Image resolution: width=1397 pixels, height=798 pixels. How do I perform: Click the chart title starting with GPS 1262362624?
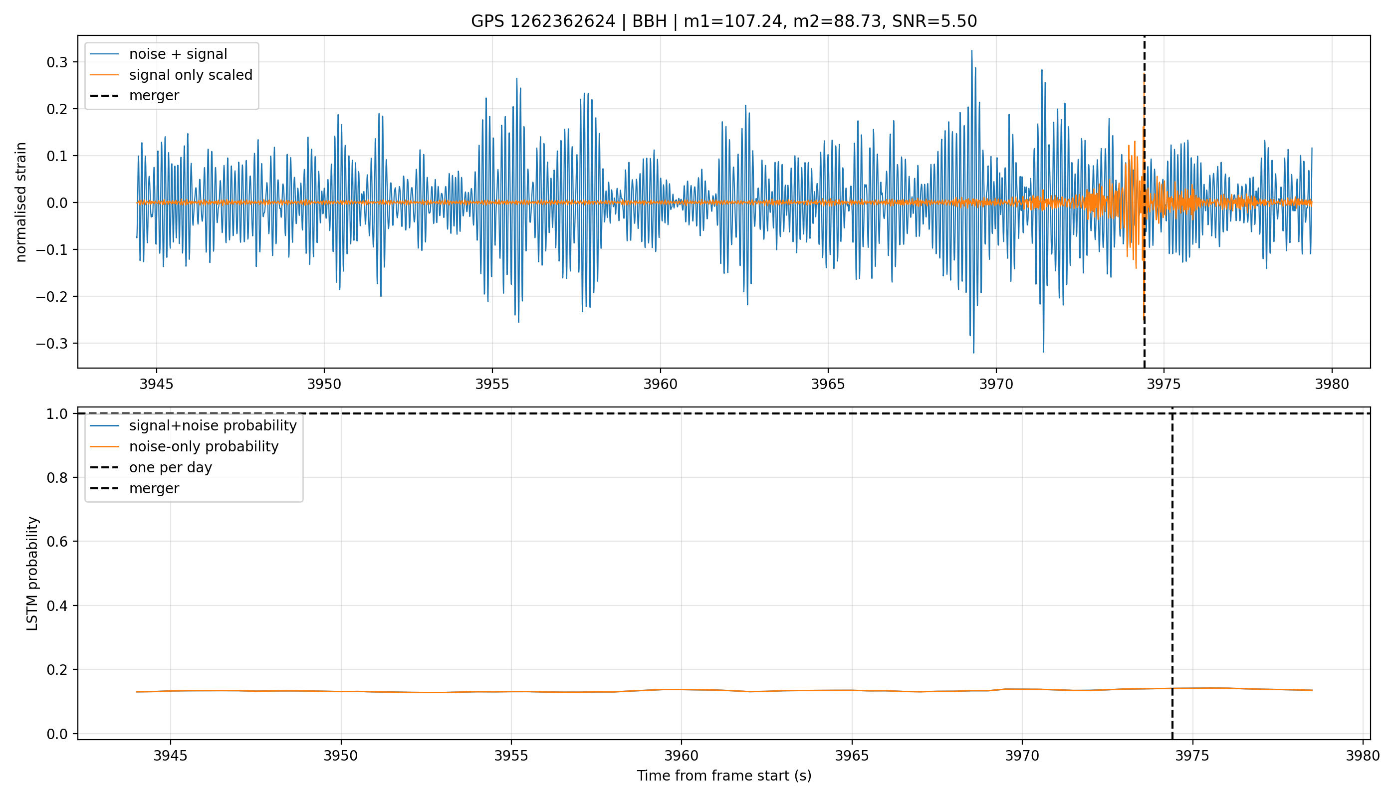click(724, 21)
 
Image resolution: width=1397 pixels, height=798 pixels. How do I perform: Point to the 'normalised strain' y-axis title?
click(21, 202)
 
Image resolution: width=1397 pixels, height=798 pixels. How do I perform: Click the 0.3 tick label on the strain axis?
click(57, 62)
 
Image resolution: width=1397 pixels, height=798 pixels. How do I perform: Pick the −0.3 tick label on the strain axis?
click(52, 344)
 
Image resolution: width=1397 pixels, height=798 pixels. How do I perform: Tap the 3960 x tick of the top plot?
click(660, 384)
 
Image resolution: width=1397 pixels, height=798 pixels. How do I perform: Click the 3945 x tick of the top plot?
click(156, 384)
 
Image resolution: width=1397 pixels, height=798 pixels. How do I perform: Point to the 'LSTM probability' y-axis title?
click(32, 573)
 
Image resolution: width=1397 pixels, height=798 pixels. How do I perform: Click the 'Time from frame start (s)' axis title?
click(724, 776)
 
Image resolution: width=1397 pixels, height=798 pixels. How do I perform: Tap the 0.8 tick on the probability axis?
click(57, 477)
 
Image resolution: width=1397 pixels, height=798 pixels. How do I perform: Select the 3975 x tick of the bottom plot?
click(1192, 756)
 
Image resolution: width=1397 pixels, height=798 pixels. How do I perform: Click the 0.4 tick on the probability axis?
click(57, 605)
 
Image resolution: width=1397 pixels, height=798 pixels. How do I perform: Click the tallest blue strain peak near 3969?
click(971, 51)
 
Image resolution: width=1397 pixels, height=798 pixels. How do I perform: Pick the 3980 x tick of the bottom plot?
click(1363, 756)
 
